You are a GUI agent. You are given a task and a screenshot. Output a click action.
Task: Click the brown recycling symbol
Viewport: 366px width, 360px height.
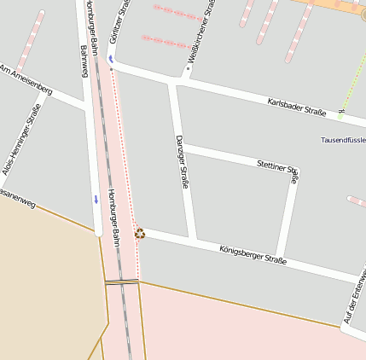click(140, 233)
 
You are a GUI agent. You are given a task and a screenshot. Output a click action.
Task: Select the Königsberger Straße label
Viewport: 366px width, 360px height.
click(253, 254)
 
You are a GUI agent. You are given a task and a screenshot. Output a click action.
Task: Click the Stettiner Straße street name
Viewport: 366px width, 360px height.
click(278, 167)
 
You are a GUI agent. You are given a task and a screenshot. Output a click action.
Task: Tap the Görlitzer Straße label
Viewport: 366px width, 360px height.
click(120, 23)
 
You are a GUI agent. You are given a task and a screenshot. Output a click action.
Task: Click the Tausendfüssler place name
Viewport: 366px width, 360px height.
click(343, 140)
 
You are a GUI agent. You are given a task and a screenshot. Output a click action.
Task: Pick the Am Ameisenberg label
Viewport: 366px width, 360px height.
click(26, 79)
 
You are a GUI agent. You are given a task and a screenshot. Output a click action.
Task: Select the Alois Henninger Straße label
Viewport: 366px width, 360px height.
click(21, 140)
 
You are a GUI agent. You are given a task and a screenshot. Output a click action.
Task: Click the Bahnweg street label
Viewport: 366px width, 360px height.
click(84, 61)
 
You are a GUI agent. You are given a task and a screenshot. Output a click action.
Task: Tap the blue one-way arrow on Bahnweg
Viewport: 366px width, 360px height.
click(96, 199)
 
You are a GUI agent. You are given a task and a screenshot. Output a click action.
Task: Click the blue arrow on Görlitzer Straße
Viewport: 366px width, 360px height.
click(110, 59)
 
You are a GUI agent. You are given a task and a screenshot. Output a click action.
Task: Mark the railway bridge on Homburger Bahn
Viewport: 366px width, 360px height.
click(121, 282)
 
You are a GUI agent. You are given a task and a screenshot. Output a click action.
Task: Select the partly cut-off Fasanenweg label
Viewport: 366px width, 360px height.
click(17, 204)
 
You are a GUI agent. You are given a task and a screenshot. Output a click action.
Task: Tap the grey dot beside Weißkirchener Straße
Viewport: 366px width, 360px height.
click(189, 68)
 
